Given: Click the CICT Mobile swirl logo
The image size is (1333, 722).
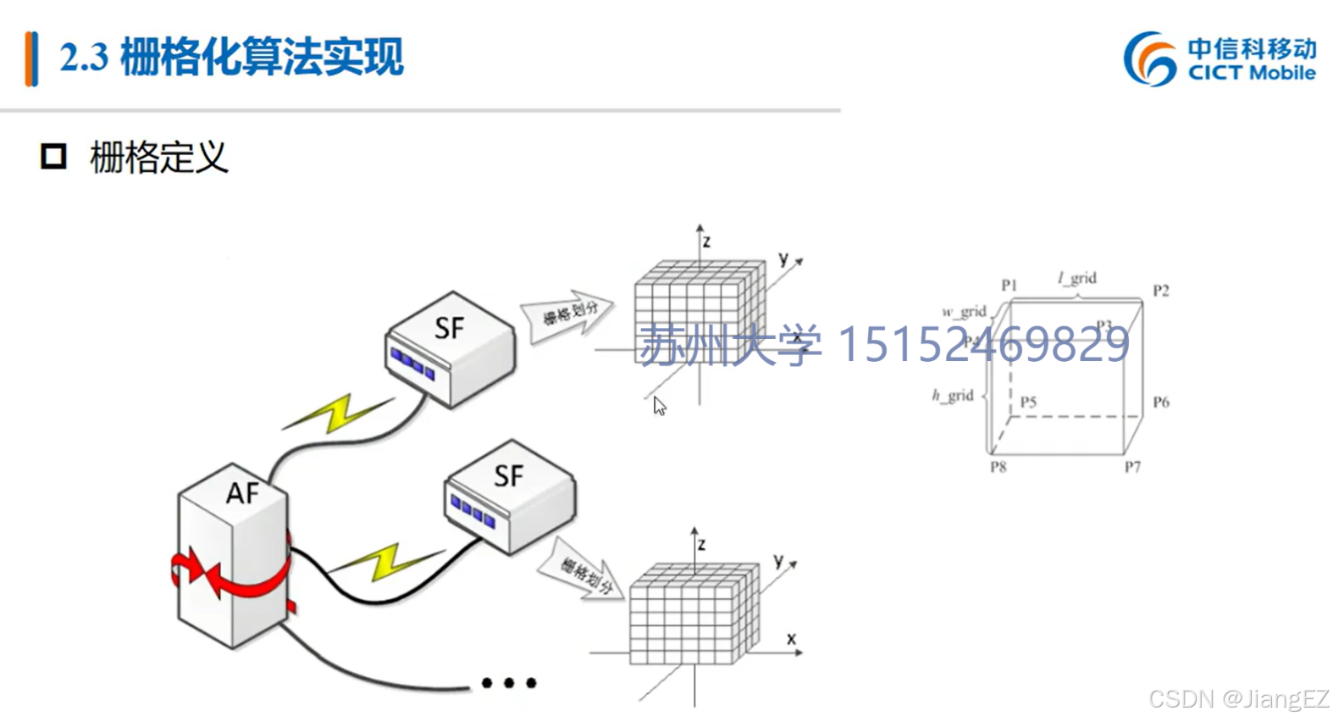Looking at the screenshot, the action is coord(1149,58).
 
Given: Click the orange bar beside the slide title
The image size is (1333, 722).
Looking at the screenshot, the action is coord(31,58).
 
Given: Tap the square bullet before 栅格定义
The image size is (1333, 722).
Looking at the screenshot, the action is coord(53,156).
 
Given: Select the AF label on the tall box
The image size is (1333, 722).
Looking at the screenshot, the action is coord(242,492).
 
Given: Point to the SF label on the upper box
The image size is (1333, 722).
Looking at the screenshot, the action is coord(449,328).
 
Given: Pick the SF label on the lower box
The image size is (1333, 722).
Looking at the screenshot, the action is coord(508,476).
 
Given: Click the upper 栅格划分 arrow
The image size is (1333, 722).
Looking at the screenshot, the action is coord(567,315).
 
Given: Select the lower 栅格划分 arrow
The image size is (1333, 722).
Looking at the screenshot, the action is coord(583,574).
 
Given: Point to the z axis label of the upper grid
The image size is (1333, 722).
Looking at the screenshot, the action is coord(706,242).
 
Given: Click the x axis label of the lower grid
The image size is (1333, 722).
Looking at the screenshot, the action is coord(791,639).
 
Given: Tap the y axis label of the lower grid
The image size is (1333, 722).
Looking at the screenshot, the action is coord(778,560).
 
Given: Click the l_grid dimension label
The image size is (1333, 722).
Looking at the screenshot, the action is coord(1077,278).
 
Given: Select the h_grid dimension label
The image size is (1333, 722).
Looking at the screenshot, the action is coord(953,395).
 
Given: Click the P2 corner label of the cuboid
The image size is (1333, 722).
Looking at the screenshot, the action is coord(1160,291).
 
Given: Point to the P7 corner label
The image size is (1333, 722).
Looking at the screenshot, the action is coord(1132,467).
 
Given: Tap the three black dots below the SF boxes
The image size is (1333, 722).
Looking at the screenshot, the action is coord(508,683).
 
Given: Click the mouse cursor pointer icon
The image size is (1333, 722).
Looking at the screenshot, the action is coord(659,406).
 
